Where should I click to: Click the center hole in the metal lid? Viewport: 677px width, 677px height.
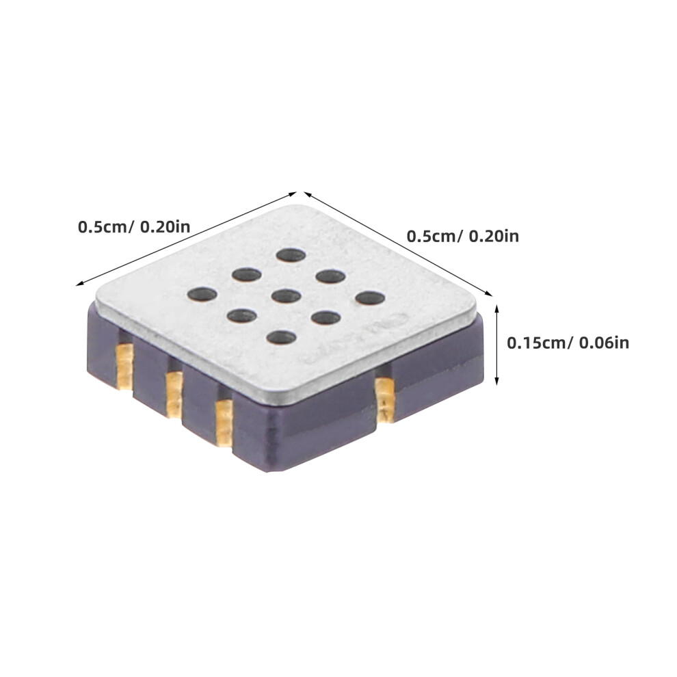pos(287,296)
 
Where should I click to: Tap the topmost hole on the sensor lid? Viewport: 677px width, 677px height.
pos(291,255)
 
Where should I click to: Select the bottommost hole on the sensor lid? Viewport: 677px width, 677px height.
pos(282,337)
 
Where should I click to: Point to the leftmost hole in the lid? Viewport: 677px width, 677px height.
pos(202,295)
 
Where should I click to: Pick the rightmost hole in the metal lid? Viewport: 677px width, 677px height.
pos(371,298)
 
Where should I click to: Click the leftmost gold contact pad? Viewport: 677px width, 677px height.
pos(125,367)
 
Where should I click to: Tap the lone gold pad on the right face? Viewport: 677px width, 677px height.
pos(385,399)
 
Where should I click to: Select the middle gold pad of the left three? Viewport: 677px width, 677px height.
pos(174,394)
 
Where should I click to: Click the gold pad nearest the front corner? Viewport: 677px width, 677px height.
pos(224,422)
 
